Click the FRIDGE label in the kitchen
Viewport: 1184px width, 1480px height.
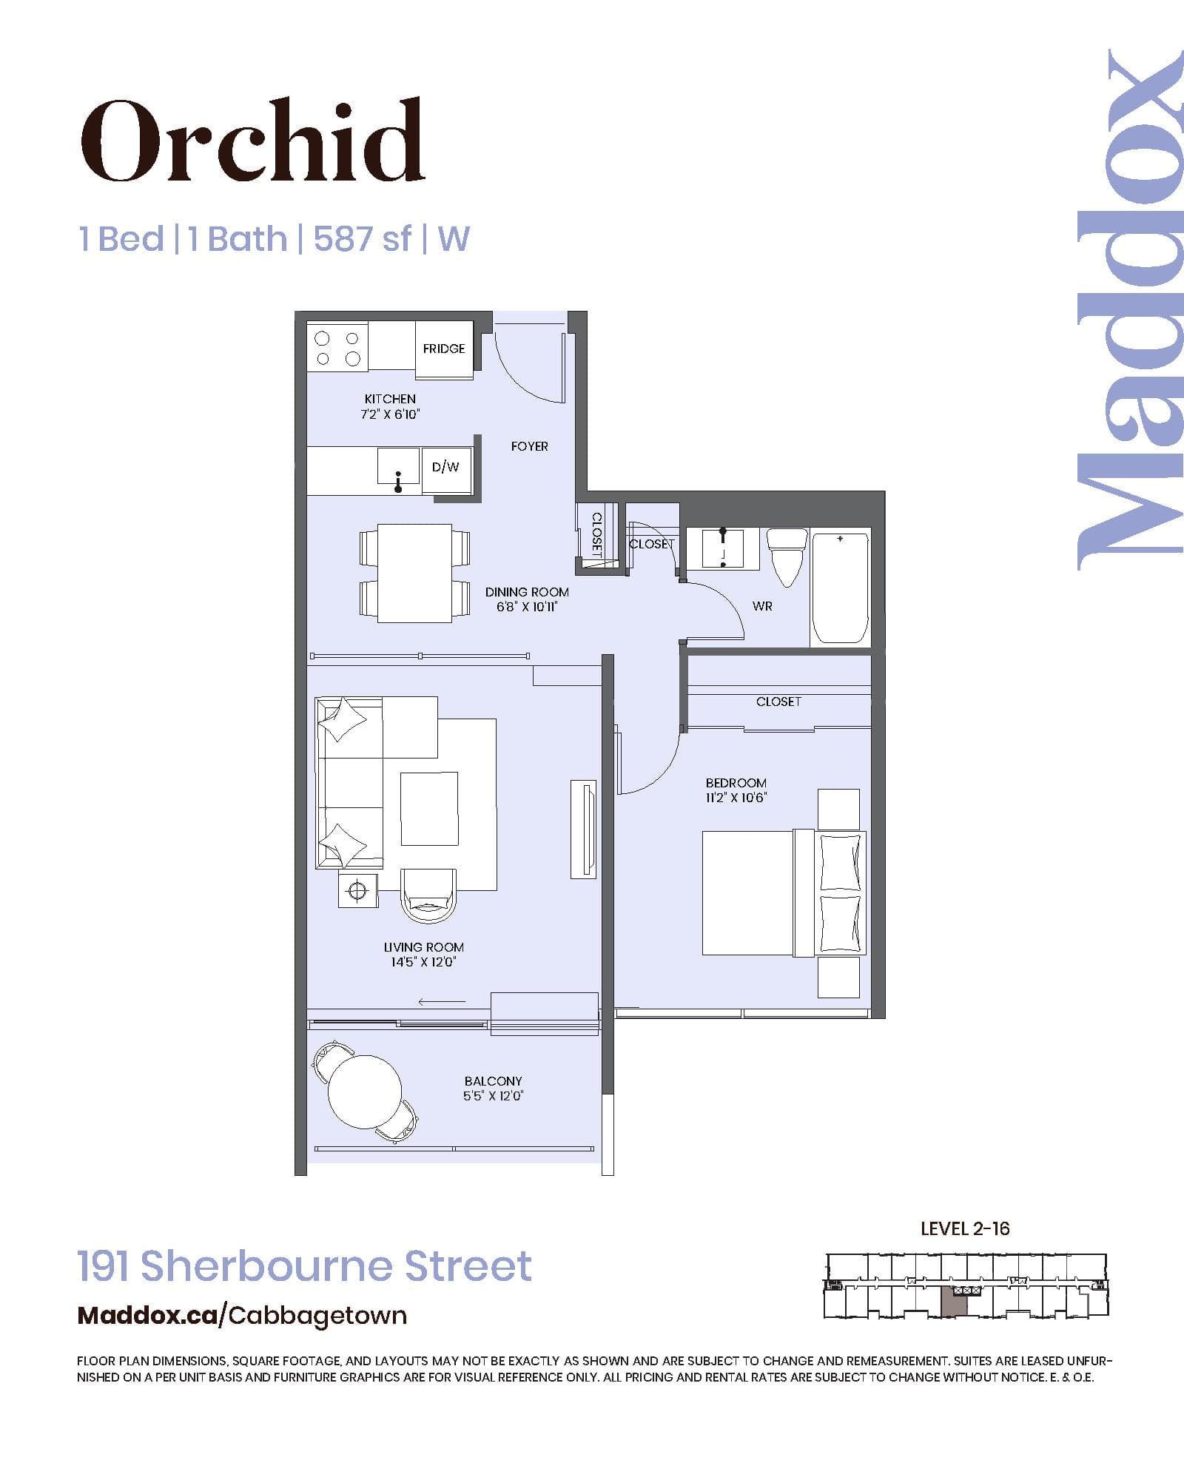pos(444,349)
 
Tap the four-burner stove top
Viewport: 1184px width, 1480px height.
pos(337,348)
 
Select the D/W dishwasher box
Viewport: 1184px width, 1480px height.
pos(445,467)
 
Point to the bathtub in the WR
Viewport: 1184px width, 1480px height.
pos(840,588)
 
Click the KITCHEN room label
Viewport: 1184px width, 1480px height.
pos(390,399)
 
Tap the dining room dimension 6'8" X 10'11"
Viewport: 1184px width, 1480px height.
pos(527,608)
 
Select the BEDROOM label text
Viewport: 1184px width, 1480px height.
pos(736,783)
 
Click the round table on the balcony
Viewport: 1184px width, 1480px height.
pos(364,1091)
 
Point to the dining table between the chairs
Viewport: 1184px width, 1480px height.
pos(414,573)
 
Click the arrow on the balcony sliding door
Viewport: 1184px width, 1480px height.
pos(442,1002)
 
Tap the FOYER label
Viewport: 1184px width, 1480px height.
pos(529,446)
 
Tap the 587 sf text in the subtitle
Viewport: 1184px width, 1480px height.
pos(362,239)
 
